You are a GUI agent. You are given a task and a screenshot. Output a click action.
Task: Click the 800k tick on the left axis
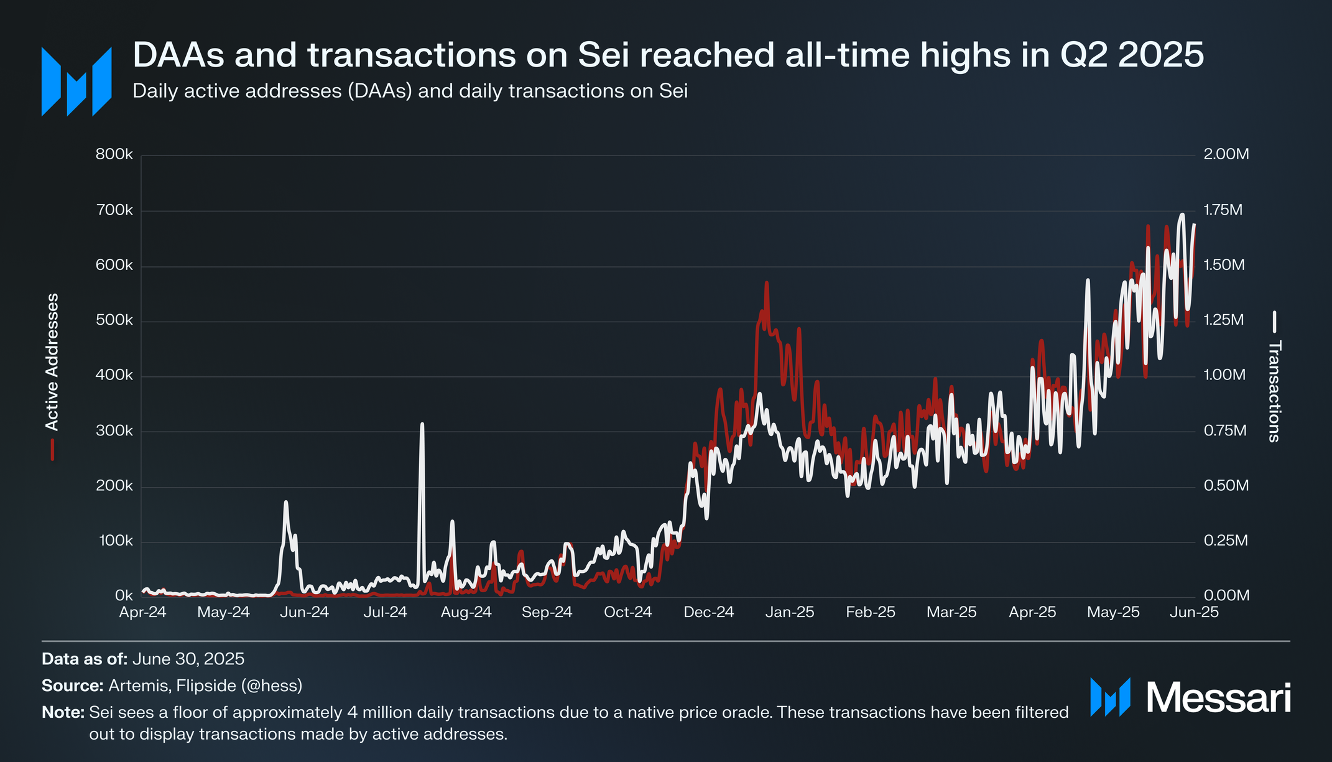(114, 154)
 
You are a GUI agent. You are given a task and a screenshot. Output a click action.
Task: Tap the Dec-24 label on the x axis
(708, 612)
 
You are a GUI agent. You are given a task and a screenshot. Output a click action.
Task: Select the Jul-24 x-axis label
(385, 612)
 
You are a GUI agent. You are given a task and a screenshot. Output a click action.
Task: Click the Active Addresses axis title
(52, 361)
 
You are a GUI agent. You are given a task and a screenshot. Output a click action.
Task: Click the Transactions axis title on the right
(1274, 391)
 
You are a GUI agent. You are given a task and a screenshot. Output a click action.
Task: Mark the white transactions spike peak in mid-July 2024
(422, 424)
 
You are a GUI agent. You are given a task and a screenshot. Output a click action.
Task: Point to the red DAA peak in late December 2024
(767, 283)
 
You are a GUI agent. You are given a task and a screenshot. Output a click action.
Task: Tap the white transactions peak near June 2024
(285, 502)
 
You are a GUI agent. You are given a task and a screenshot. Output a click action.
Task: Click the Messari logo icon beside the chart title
(76, 81)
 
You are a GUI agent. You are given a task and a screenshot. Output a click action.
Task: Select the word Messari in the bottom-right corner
(1218, 698)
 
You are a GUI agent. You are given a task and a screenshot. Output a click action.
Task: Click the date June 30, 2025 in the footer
(188, 659)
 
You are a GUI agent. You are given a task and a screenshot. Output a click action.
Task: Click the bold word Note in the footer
(62, 712)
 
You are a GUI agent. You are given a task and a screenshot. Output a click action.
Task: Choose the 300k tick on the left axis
(114, 430)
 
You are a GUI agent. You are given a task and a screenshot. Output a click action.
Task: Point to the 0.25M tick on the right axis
(1225, 541)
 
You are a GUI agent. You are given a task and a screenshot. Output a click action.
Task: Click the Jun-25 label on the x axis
(1194, 612)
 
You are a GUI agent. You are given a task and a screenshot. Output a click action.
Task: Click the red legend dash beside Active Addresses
(52, 450)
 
